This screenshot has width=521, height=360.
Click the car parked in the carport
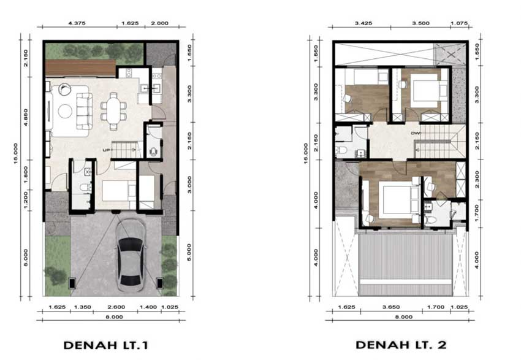[x=131, y=255]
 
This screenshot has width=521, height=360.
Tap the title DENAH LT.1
[x=105, y=345]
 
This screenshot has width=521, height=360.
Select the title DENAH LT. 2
[x=401, y=345]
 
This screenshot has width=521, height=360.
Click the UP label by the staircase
[x=106, y=150]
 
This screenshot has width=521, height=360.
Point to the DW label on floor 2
[x=416, y=133]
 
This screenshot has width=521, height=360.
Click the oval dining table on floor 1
[x=113, y=110]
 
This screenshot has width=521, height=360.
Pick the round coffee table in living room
[x=65, y=111]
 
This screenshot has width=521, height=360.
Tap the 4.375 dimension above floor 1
[x=77, y=23]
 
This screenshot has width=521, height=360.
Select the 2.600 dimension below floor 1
[x=116, y=307]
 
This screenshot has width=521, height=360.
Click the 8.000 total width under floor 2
[x=404, y=317]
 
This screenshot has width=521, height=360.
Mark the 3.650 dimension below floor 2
[x=391, y=307]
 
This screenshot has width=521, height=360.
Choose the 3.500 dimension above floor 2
[x=420, y=23]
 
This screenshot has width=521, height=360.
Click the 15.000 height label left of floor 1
[x=16, y=153]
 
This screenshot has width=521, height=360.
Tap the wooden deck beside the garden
[x=80, y=68]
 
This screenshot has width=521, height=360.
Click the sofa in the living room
[x=85, y=111]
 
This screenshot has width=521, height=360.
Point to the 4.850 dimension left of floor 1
[x=26, y=117]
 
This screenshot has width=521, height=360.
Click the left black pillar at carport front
[x=72, y=283]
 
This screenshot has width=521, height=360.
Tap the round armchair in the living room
[x=65, y=89]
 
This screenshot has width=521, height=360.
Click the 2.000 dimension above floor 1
[x=160, y=23]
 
